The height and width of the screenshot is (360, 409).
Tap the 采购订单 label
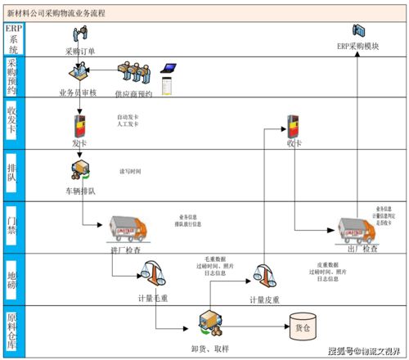pos(79,51)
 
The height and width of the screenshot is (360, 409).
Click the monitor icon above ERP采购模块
pos(358,31)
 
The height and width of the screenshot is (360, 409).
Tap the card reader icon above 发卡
pos(80,124)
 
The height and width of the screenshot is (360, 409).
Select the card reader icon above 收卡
pos(293,124)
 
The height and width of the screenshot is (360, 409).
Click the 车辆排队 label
pos(80,191)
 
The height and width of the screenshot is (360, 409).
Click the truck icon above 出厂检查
pos(358,228)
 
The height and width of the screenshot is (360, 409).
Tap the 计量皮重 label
pos(264,300)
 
